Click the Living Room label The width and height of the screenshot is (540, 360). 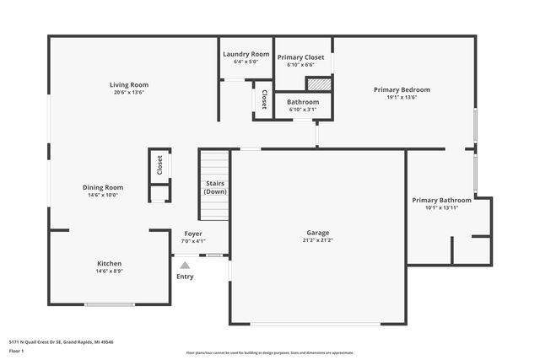(128, 84)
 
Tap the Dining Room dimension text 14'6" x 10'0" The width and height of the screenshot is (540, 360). (103, 195)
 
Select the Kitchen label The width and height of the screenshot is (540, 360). (109, 263)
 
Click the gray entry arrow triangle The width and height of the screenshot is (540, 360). (185, 265)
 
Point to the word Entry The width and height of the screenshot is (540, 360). (185, 277)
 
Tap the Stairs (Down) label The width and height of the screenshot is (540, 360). (215, 186)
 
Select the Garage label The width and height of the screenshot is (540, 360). (318, 233)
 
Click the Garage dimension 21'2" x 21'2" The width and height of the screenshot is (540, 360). (318, 240)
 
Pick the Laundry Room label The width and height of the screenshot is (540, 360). (246, 54)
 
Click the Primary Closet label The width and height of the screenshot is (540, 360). (301, 56)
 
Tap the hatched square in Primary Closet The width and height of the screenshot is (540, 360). (318, 84)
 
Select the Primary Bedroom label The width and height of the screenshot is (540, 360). (402, 89)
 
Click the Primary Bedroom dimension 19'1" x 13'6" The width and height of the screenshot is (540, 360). (402, 97)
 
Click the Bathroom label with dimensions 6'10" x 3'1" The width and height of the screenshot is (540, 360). (303, 102)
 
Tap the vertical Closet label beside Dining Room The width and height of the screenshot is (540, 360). (159, 166)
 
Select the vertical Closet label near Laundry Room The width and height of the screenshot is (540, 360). (264, 99)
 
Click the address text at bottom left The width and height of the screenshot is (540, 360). (61, 342)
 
